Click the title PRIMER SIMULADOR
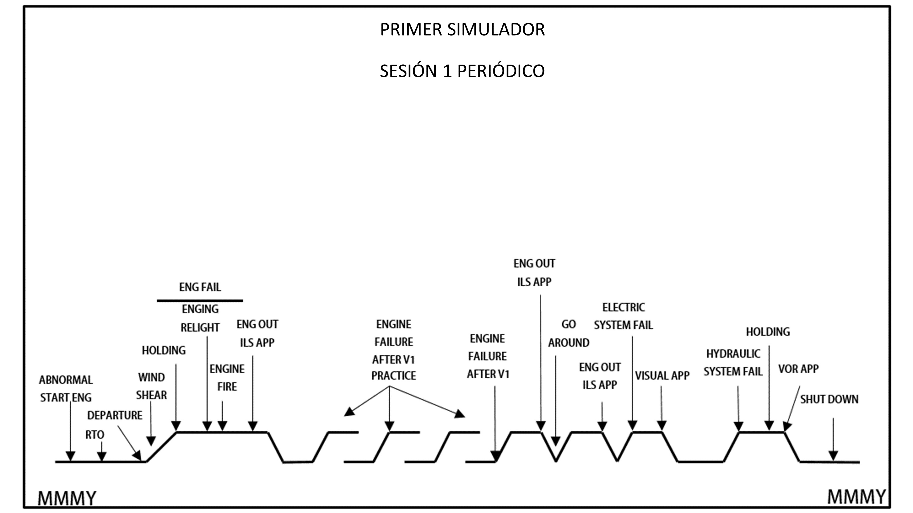click(462, 29)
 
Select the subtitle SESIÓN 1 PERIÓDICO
click(462, 71)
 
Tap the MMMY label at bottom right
click(856, 496)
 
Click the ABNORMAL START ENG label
click(66, 389)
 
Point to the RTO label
click(95, 435)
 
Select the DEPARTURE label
click(115, 415)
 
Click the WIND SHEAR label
click(151, 386)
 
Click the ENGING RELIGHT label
click(200, 318)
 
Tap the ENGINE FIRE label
click(227, 378)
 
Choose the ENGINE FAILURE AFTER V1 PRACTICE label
click(394, 350)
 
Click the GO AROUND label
click(568, 334)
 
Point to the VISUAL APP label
click(662, 376)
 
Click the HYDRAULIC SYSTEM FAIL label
click(733, 363)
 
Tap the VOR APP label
click(798, 369)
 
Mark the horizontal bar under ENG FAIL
click(200, 301)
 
